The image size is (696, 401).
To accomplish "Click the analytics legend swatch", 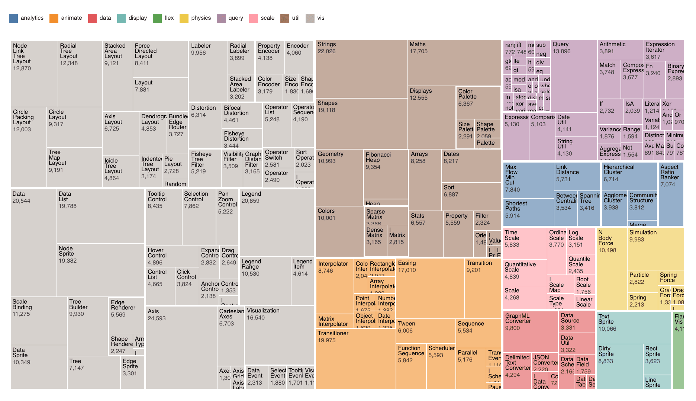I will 13,18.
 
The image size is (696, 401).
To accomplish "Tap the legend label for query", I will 236,18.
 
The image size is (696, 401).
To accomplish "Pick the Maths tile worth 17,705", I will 454,63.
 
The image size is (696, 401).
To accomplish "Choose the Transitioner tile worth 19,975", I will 355,359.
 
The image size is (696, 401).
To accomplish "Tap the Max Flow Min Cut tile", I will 528,180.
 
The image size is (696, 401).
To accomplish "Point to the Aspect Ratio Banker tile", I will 671,194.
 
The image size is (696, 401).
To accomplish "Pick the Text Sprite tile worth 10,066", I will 634,328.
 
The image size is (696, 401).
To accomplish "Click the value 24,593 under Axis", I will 157,318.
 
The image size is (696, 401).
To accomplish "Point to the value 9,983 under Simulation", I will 637,240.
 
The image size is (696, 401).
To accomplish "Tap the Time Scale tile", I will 525,244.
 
